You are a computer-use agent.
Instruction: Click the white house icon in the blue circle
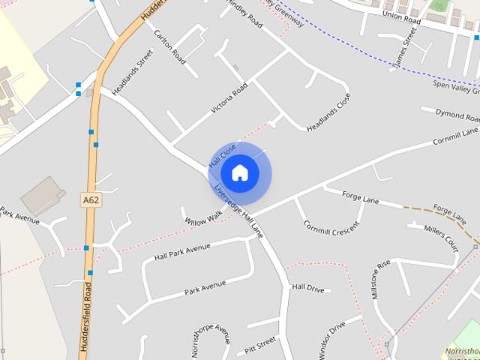click(239, 172)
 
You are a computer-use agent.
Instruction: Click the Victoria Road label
click(229, 98)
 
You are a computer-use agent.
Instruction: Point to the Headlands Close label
click(328, 112)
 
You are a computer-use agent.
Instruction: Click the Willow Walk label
click(204, 218)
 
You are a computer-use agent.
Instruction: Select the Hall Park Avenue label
click(182, 252)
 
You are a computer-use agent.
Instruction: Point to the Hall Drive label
click(307, 288)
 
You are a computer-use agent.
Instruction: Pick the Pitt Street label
click(256, 346)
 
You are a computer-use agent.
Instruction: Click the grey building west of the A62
click(43, 196)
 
